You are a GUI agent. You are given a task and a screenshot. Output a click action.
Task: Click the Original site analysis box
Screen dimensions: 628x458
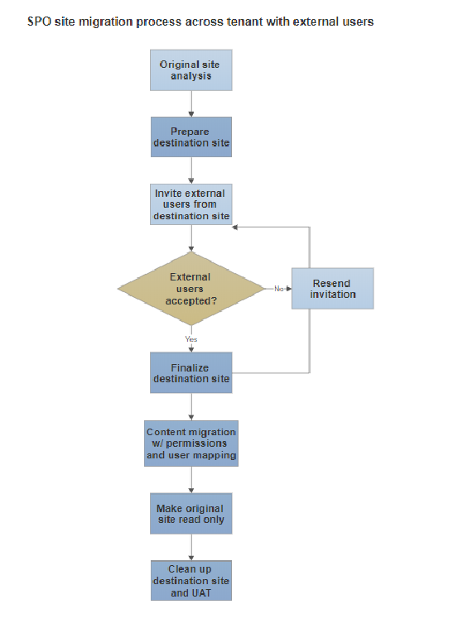pyautogui.click(x=191, y=70)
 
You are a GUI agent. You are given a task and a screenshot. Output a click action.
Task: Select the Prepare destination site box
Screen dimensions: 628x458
pyautogui.click(x=191, y=137)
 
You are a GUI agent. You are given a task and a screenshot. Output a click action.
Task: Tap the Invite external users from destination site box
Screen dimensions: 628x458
pyautogui.click(x=191, y=204)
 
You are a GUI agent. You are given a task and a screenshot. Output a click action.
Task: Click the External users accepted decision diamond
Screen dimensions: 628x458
pyautogui.click(x=190, y=289)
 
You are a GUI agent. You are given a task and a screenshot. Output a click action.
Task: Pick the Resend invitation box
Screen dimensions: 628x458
pyautogui.click(x=332, y=289)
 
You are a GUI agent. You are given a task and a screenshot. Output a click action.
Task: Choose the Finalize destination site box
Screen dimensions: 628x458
pyautogui.click(x=191, y=373)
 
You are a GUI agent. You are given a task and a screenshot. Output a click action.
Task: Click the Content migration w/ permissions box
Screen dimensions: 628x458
pyautogui.click(x=191, y=443)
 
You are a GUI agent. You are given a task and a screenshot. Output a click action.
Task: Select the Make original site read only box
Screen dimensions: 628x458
pyautogui.click(x=191, y=514)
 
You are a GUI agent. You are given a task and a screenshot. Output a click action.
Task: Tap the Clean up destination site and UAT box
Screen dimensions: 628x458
pyautogui.click(x=191, y=581)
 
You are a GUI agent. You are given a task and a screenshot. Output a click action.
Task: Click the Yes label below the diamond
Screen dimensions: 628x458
pyautogui.click(x=191, y=338)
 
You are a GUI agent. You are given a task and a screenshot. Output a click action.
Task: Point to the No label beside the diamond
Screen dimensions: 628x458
pyautogui.click(x=279, y=288)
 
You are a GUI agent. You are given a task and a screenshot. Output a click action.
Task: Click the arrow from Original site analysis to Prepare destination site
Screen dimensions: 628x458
pyautogui.click(x=191, y=103)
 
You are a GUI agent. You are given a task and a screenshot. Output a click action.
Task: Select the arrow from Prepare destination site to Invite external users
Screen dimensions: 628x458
pyautogui.click(x=191, y=170)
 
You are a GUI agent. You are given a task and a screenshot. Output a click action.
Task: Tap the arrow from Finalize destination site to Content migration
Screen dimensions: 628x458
pyautogui.click(x=191, y=407)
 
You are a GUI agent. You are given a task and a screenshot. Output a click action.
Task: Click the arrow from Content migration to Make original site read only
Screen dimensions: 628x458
pyautogui.click(x=191, y=479)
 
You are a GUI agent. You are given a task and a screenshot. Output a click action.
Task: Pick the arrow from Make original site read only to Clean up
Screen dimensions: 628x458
pyautogui.click(x=191, y=547)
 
